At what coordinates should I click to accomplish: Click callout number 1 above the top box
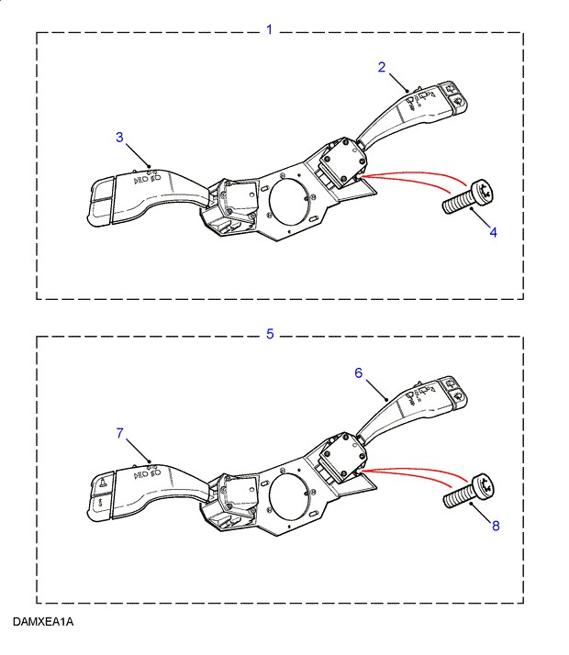(x=270, y=29)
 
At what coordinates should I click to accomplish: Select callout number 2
(x=382, y=67)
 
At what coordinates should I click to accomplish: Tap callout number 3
(x=119, y=137)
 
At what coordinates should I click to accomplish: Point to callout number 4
(x=494, y=232)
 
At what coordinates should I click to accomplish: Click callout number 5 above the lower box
(x=270, y=334)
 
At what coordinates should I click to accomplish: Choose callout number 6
(x=359, y=372)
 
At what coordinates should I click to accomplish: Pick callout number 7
(x=120, y=433)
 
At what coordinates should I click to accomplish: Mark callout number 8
(x=496, y=526)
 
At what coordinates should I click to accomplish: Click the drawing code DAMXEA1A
(x=43, y=622)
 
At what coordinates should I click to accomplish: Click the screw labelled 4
(x=468, y=197)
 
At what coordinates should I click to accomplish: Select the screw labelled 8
(x=468, y=492)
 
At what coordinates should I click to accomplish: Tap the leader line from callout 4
(x=480, y=217)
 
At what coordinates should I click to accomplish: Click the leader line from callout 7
(x=138, y=450)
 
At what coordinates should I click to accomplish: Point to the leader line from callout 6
(x=377, y=390)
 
